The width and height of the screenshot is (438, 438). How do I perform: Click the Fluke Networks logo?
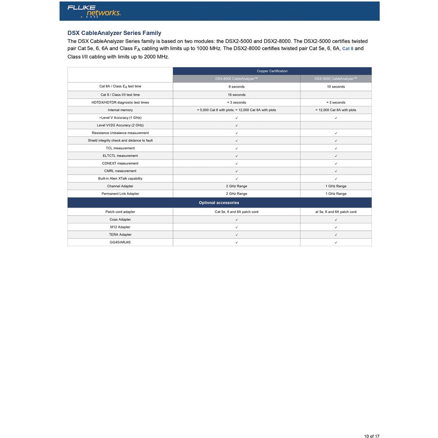94,11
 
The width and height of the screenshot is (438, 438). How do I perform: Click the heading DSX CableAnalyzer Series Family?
114,33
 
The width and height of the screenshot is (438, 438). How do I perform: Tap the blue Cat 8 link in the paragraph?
348,49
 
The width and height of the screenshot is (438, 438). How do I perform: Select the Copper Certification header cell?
272,71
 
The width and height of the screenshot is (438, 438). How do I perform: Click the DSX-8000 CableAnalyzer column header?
237,79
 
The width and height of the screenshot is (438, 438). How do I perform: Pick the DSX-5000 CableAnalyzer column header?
336,79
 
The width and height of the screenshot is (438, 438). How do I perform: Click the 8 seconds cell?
237,87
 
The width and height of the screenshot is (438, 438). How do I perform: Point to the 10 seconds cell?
336,87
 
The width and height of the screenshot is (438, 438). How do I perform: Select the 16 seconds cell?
237,95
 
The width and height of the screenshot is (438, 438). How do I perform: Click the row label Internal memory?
120,110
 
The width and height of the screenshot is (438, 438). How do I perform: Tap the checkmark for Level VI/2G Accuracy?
237,125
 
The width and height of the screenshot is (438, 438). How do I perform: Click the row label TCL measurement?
120,148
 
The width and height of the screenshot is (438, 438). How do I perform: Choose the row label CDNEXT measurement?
120,163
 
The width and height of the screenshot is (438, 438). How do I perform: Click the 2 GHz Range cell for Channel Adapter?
237,186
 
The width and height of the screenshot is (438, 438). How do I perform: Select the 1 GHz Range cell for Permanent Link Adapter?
336,194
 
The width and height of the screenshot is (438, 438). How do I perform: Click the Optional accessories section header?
219,203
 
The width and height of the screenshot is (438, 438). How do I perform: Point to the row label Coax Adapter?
120,219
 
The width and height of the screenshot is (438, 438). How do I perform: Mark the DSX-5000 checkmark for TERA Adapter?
336,235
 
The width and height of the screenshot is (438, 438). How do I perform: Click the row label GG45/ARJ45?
120,242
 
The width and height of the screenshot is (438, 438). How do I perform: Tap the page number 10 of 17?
371,436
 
